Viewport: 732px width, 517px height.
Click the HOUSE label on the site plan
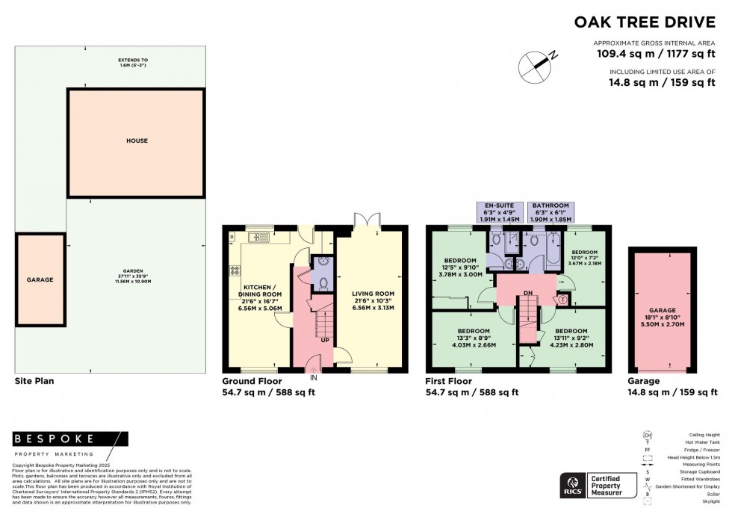[137, 140]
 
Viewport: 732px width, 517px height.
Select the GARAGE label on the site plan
[40, 279]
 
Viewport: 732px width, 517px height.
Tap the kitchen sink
[258, 238]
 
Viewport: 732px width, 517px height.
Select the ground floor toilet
[321, 284]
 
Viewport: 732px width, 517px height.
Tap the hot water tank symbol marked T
[562, 300]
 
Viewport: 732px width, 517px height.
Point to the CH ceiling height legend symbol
[648, 435]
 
